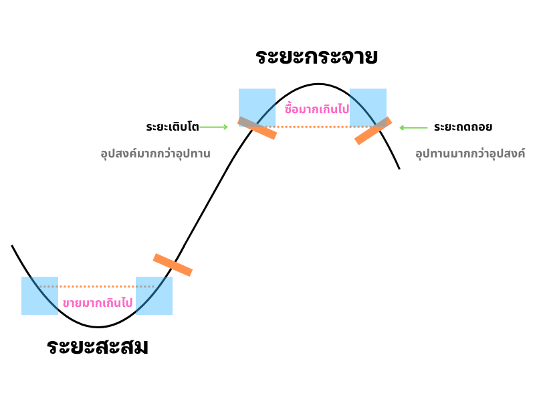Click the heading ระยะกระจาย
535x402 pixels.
pyautogui.click(x=316, y=56)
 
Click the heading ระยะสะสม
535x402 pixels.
pyautogui.click(x=98, y=347)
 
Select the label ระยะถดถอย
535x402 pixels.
pyautogui.click(x=463, y=127)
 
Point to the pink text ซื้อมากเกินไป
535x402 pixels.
pyautogui.click(x=316, y=108)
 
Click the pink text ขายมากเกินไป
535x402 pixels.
pyautogui.click(x=98, y=303)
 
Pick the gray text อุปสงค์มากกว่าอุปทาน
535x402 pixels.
pyautogui.click(x=155, y=153)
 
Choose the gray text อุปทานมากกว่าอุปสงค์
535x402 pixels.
pyautogui.click(x=469, y=153)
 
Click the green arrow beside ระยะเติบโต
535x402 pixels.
pyautogui.click(x=214, y=127)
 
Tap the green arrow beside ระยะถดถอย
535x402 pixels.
pyautogui.click(x=413, y=127)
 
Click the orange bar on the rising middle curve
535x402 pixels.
pyautogui.click(x=173, y=265)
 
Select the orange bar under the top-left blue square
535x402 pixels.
pyautogui.click(x=257, y=128)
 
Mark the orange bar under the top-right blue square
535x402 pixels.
pyautogui.click(x=372, y=131)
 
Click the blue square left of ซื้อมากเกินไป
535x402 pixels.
pyautogui.click(x=257, y=106)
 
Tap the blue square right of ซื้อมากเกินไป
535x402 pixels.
pyautogui.click(x=368, y=106)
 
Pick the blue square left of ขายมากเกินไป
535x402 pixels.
pyautogui.click(x=39, y=296)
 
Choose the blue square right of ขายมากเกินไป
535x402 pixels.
pyautogui.click(x=154, y=296)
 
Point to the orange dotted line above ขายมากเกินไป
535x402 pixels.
pyautogui.click(x=98, y=287)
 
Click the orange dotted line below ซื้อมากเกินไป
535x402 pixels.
pyautogui.click(x=314, y=127)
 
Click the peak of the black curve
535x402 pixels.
pyautogui.click(x=318, y=84)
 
